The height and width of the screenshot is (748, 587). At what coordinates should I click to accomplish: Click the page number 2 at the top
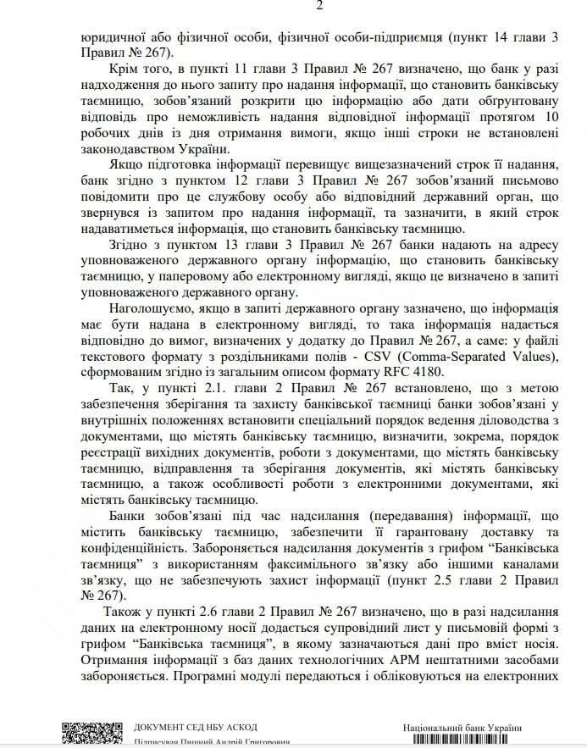coord(296,6)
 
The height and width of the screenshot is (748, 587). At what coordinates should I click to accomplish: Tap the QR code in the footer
coord(86,734)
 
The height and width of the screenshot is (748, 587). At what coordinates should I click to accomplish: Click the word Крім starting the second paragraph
coord(124,66)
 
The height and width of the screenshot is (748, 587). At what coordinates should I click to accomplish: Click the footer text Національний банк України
coord(462,728)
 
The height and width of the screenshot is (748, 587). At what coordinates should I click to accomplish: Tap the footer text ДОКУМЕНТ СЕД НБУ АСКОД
coord(196,728)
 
